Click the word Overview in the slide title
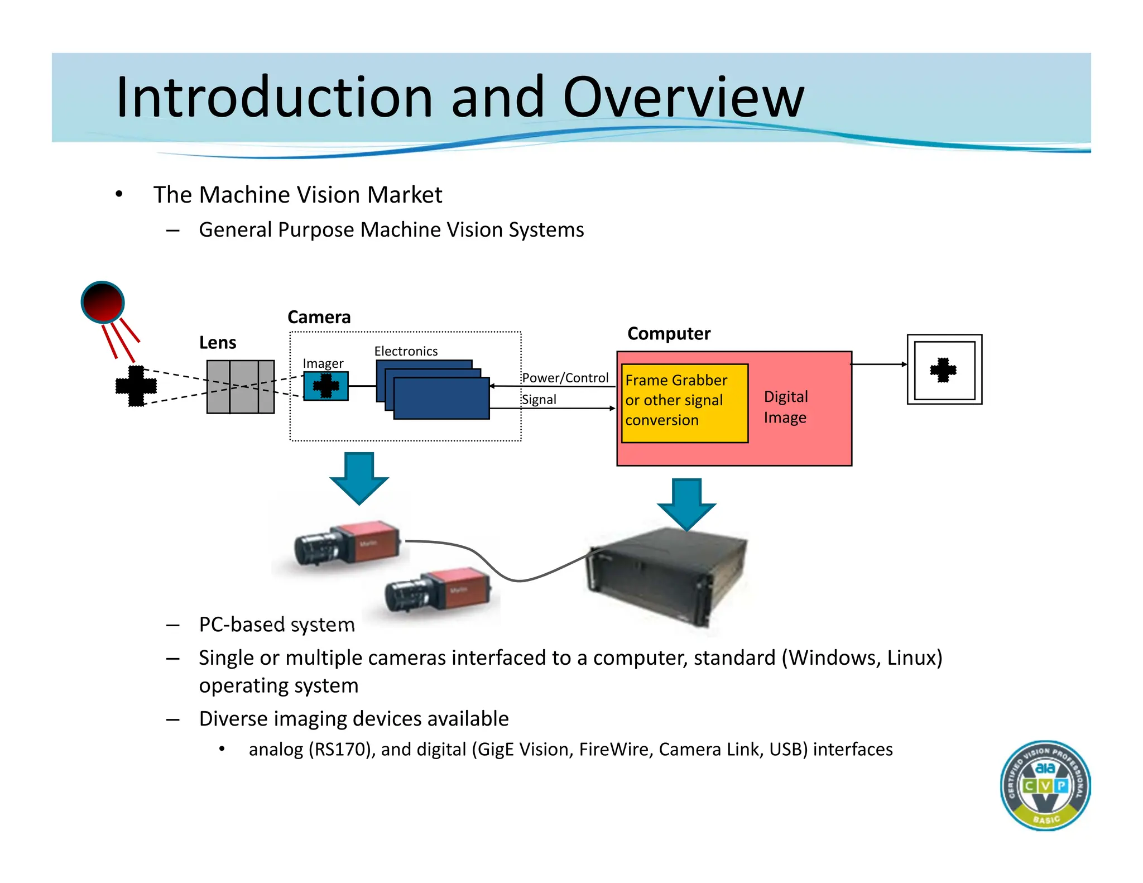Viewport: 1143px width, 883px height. (683, 98)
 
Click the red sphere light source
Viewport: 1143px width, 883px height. (103, 302)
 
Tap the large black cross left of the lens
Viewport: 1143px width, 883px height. (136, 386)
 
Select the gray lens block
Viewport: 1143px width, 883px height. (241, 387)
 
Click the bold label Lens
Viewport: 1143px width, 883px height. (218, 343)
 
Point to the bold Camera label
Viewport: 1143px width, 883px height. (319, 317)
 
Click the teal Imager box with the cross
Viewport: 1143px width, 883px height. (326, 386)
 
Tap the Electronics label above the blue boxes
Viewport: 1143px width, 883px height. (406, 351)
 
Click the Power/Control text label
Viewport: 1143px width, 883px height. (565, 378)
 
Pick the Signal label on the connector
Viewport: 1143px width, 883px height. (539, 400)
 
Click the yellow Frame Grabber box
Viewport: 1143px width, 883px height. (684, 403)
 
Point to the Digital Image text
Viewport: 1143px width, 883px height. (785, 407)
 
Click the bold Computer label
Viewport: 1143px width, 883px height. (669, 333)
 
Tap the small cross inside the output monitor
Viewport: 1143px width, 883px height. (943, 369)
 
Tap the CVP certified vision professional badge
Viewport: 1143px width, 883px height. (1045, 785)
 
